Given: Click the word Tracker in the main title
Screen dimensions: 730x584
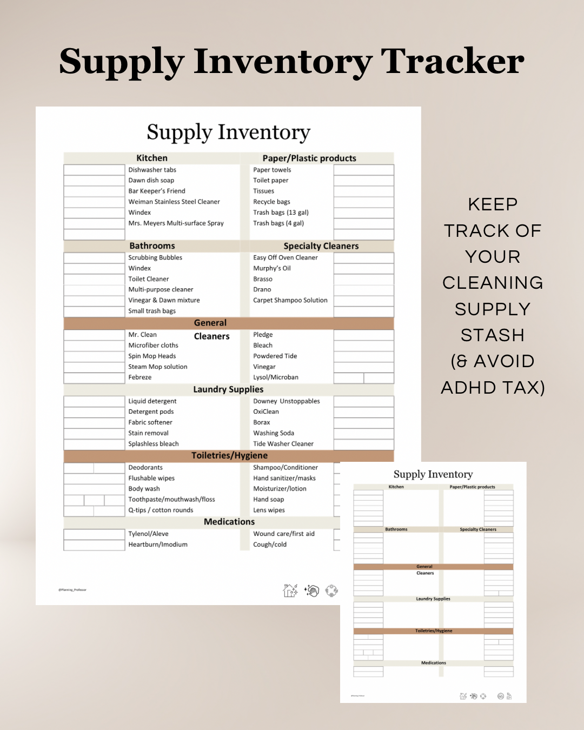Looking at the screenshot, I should click(x=452, y=61).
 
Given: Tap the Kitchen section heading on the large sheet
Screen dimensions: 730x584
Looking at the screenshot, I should click(x=151, y=158).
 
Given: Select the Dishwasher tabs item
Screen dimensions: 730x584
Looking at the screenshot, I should click(x=152, y=170).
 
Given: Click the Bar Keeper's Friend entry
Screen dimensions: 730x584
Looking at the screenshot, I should click(x=156, y=191).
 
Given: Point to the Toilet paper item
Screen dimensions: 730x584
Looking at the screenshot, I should click(x=270, y=180).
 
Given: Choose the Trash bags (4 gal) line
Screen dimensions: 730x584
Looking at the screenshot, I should click(x=278, y=223).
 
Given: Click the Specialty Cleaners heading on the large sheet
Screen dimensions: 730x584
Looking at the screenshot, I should click(x=321, y=246).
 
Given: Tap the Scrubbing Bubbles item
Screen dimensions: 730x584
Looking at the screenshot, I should click(x=155, y=257).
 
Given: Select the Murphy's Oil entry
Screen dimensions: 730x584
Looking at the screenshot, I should click(x=271, y=268).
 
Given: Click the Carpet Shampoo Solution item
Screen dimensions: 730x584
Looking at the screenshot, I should click(x=290, y=300).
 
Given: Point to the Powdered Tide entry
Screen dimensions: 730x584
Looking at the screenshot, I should click(x=275, y=356).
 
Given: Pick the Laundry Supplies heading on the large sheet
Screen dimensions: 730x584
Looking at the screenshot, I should click(x=228, y=389).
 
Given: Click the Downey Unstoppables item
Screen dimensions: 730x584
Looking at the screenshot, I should click(x=286, y=401).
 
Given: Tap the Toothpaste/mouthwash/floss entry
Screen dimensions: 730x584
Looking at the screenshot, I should click(x=171, y=499).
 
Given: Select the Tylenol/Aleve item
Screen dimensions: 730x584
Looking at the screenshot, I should click(x=148, y=534).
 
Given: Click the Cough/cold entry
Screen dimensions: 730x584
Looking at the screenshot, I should click(x=269, y=545).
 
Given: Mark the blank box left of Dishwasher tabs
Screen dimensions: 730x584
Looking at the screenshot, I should click(x=94, y=170).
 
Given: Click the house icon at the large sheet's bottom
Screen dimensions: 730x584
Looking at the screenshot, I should click(x=290, y=590).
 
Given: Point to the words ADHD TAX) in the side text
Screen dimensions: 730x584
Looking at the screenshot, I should click(x=493, y=387).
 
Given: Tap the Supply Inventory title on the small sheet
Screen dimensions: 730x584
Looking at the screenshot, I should click(x=433, y=474).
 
